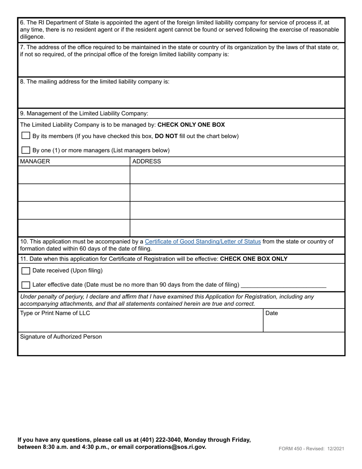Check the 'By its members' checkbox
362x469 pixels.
coord(26,136)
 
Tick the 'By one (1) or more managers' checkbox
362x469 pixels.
coord(26,150)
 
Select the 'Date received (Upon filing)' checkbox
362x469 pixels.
coord(26,271)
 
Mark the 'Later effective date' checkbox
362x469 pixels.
coord(26,285)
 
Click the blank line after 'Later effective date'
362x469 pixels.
coord(284,285)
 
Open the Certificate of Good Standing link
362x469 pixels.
coord(203,241)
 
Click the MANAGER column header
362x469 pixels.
coord(35,161)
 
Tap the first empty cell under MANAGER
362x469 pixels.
coord(74,175)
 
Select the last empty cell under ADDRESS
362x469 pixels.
coord(237,228)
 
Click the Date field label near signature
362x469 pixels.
coord(271,313)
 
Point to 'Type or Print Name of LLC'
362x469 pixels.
coord(55,313)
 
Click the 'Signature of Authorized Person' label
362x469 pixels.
coord(61,337)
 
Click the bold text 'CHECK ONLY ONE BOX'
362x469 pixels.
coord(191,125)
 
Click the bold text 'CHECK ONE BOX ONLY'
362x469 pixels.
coord(254,259)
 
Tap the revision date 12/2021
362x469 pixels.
coord(335,448)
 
